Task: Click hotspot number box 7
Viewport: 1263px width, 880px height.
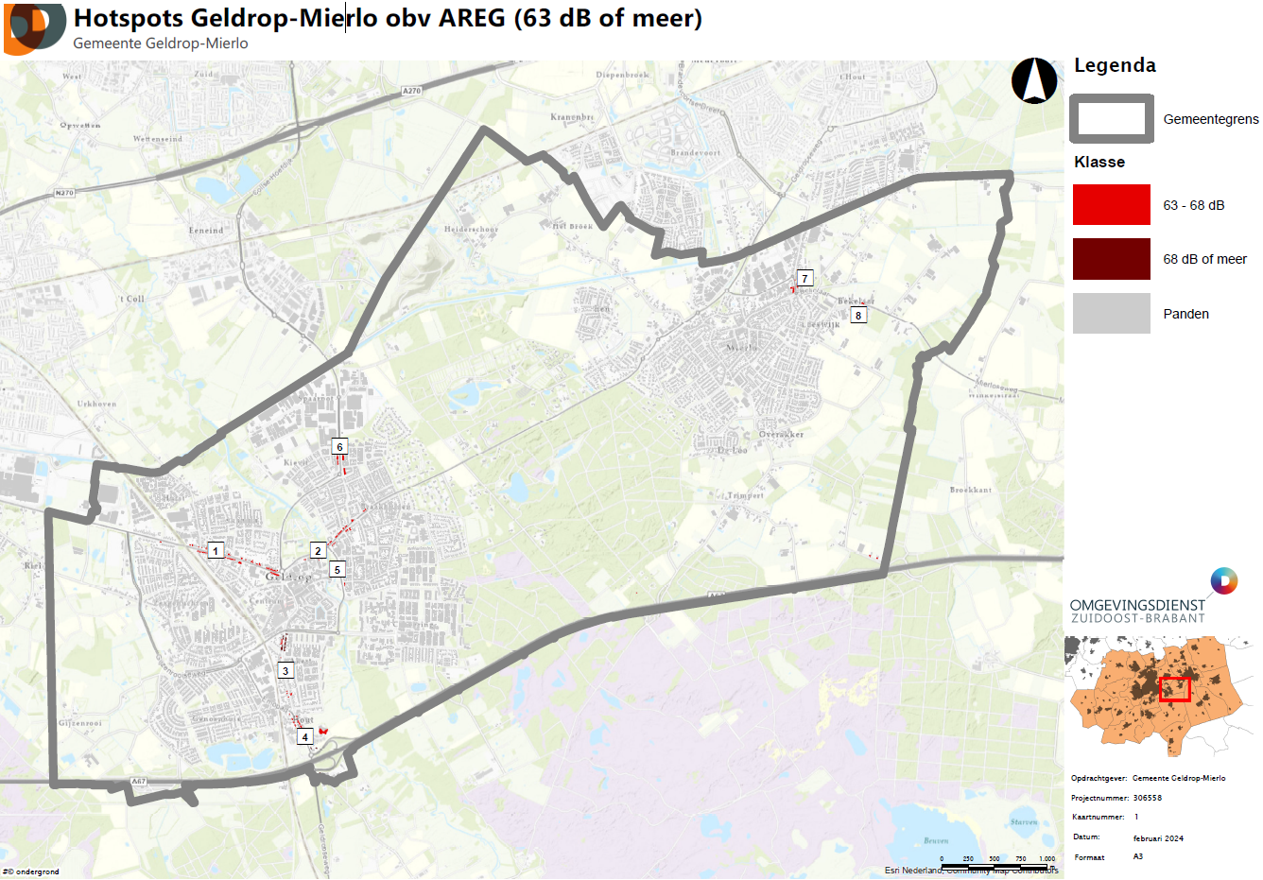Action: tap(805, 278)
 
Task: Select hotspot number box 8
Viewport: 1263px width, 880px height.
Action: tap(858, 315)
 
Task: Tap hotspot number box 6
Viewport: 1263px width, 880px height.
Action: tap(340, 447)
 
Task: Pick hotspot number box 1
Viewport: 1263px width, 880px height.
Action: tap(216, 551)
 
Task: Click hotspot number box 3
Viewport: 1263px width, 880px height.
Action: tap(285, 671)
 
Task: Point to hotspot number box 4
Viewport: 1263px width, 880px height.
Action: tap(304, 737)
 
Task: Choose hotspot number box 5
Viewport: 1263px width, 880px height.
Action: tap(337, 570)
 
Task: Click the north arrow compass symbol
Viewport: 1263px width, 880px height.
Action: tap(1034, 81)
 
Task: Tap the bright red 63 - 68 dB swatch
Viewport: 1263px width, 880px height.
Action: tap(1111, 205)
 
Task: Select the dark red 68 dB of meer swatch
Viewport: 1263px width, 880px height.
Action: tap(1111, 259)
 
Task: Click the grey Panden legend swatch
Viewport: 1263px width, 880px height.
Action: tap(1111, 313)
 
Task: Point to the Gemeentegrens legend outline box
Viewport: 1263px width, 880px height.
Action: tap(1111, 119)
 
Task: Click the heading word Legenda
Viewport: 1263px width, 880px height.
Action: tap(1115, 65)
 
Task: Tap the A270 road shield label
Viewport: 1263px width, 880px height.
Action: tap(411, 91)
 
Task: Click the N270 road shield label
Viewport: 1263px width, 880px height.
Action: tap(63, 193)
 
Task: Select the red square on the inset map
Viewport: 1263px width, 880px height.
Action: tap(1174, 689)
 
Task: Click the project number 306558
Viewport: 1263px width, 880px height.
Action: tap(1148, 798)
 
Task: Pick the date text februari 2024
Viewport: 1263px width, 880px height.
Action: tap(1158, 838)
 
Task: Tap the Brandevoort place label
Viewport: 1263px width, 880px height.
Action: tap(695, 152)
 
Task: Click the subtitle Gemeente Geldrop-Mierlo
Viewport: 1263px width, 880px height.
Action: tap(161, 43)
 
